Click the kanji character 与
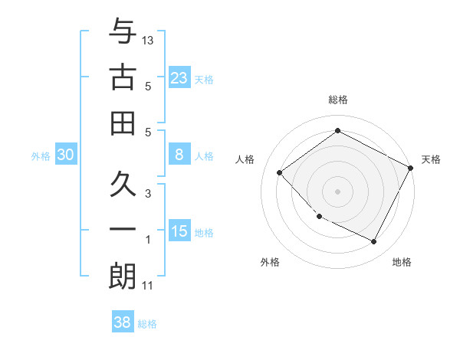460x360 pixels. pos(122,32)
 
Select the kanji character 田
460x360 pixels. pos(122,122)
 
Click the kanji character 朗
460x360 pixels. pos(122,276)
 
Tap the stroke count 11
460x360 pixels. pos(148,286)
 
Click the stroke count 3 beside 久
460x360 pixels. pos(148,194)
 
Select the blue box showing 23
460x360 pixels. pos(179,77)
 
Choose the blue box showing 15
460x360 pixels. pos(179,231)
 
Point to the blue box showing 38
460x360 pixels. pos(122,322)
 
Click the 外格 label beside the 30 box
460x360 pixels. pos(41,156)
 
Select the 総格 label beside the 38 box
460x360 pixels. pos(147,324)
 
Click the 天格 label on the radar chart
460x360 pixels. pos(431,159)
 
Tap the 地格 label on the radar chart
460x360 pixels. pos(402,262)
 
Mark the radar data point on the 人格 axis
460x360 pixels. pos(280,172)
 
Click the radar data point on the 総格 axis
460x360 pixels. pos(337,131)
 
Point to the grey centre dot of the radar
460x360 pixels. pos(337,191)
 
